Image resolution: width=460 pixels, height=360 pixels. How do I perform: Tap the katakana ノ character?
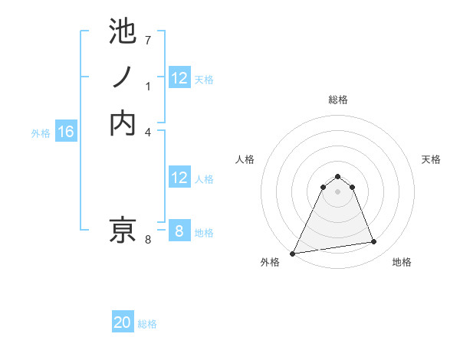(x=123, y=77)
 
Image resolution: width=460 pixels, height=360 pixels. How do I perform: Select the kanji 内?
(x=123, y=123)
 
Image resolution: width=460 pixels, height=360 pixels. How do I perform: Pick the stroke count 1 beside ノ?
(x=148, y=87)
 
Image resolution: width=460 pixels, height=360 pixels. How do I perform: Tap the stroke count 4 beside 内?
(x=148, y=132)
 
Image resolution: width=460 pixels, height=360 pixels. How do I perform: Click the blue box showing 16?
(x=66, y=133)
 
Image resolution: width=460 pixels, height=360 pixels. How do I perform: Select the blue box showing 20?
(x=123, y=323)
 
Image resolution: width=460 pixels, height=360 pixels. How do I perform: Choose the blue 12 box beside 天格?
(x=179, y=78)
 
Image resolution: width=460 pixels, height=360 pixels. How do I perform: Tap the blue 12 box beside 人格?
(x=179, y=178)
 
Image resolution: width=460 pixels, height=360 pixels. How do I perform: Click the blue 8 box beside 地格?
(x=179, y=231)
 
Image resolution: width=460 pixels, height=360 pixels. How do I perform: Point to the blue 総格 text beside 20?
(x=147, y=324)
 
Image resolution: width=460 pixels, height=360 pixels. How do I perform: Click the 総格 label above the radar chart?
(x=337, y=100)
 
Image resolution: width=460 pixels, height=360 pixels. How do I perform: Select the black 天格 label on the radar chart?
(x=431, y=159)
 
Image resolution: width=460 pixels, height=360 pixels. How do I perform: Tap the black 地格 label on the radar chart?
(x=402, y=262)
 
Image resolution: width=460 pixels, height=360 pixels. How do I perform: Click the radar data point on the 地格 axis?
(x=373, y=242)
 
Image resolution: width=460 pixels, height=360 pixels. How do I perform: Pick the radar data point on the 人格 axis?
(x=323, y=187)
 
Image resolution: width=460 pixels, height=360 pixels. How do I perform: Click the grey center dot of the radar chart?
(x=337, y=191)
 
